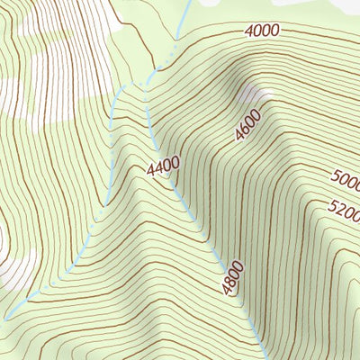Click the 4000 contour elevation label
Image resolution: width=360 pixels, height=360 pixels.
261,31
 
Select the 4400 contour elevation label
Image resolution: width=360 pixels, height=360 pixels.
163,166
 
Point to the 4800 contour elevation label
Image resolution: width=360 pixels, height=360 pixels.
230,280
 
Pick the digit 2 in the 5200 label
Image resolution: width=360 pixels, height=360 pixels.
342,212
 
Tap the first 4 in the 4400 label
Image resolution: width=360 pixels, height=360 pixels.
151,170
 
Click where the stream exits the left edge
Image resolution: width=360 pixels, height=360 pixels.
3,318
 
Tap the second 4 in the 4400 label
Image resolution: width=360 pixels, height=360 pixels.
159,167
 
